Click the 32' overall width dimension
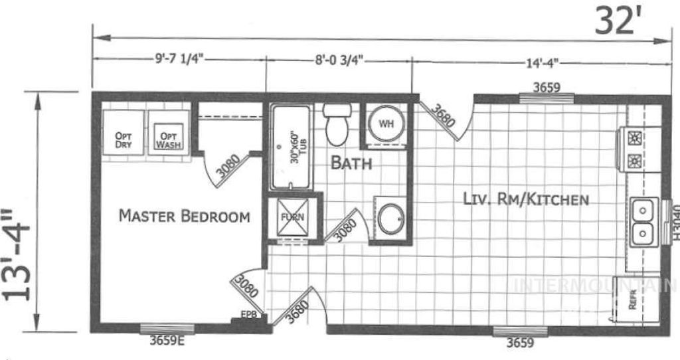coord(617,21)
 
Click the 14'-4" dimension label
coord(541,62)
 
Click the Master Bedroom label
coord(184,216)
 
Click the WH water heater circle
coord(385,123)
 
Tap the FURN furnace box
coord(290,218)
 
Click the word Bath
coord(351,163)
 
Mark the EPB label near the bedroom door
coord(248,314)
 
